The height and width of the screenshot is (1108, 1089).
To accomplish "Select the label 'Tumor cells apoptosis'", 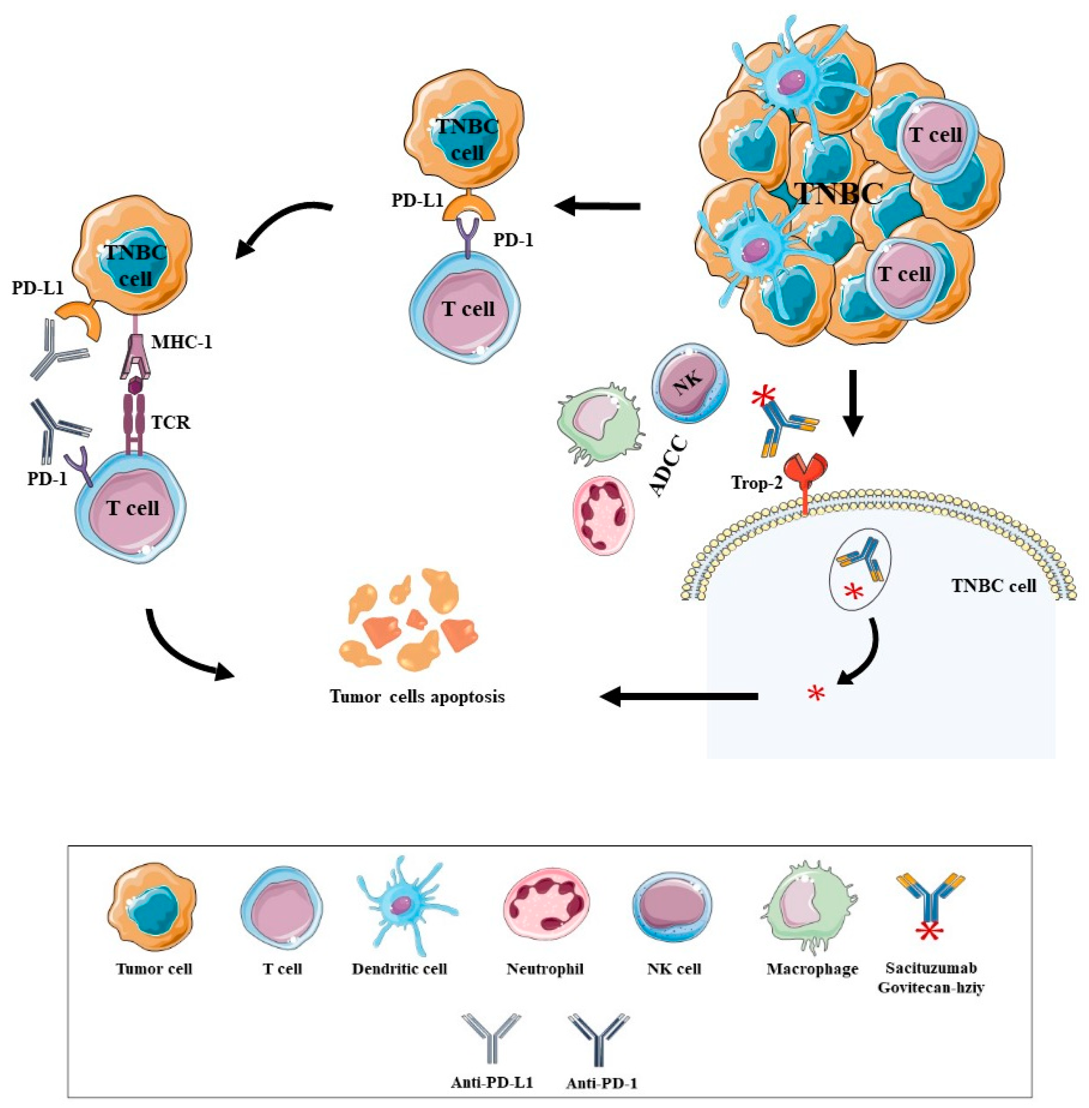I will (417, 696).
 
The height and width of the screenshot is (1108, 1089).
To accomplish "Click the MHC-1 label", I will (182, 342).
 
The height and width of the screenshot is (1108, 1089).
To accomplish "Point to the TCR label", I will (170, 422).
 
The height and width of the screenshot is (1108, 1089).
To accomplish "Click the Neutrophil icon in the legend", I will (544, 910).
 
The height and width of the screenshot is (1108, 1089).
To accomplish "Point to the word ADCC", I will (668, 466).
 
